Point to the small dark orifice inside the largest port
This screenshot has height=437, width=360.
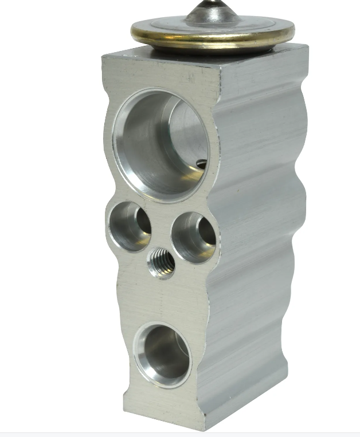(201, 165)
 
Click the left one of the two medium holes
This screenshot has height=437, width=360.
(129, 226)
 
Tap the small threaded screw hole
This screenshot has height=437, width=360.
(161, 263)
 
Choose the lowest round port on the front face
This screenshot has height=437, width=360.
(163, 355)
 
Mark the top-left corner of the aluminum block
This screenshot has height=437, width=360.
(103, 54)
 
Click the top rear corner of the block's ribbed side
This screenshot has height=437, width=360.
(307, 47)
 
